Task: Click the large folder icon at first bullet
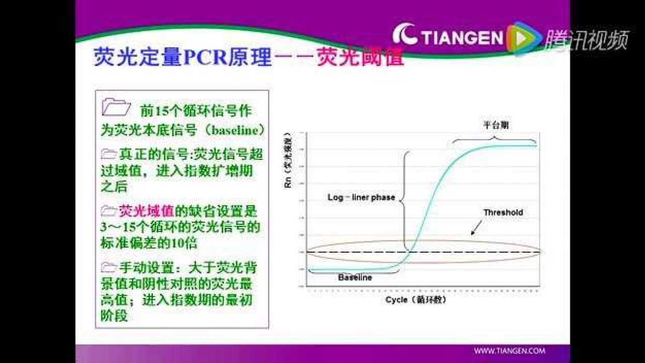[116, 107]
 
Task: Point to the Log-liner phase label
[361, 198]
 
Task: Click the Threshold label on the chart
[503, 212]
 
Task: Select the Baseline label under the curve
[355, 278]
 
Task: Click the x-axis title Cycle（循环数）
[416, 300]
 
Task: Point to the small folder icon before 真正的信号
[108, 154]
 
